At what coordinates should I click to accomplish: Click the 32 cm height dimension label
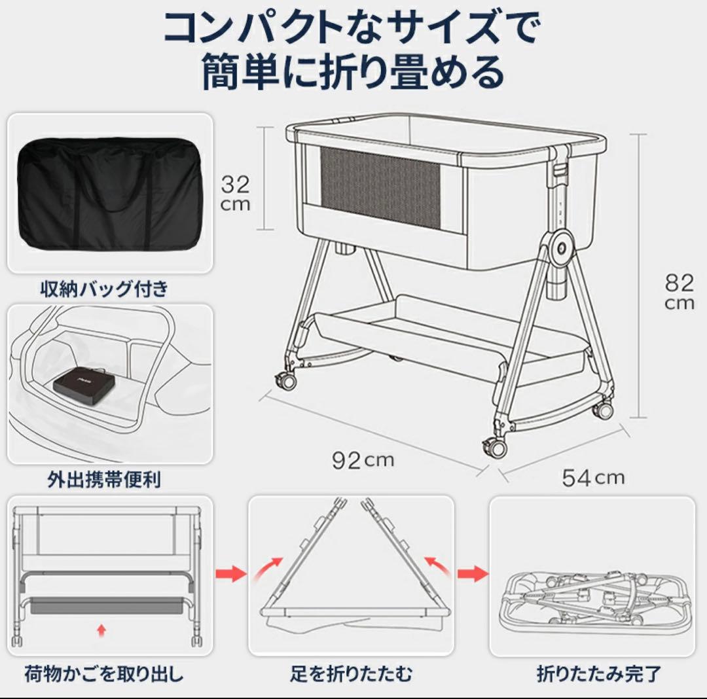click(x=234, y=192)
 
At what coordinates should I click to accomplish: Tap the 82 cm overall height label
click(x=679, y=292)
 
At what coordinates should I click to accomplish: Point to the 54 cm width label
click(x=593, y=477)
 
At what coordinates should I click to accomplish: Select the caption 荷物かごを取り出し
click(x=104, y=673)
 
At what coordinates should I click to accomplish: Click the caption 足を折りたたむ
click(x=352, y=673)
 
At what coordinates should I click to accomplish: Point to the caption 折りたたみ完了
click(x=599, y=673)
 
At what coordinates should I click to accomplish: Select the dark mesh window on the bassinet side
click(x=380, y=187)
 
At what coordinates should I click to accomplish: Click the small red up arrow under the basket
click(x=101, y=630)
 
